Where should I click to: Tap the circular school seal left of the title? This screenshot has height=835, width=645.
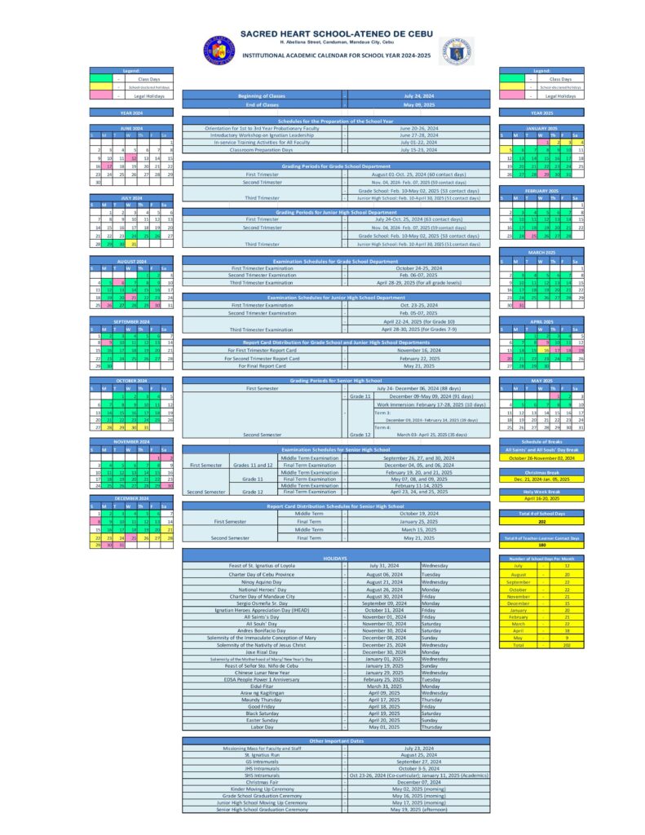click(x=218, y=51)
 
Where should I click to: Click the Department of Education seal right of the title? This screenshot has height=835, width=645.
click(x=455, y=51)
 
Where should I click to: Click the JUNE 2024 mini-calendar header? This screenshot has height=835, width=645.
click(x=131, y=128)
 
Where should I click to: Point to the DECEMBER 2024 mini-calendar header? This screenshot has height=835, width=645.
click(x=131, y=498)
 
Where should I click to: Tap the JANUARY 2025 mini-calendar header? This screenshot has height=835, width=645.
click(x=541, y=128)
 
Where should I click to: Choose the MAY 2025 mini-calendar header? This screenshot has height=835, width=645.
click(x=541, y=381)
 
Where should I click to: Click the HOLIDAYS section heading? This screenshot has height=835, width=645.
click(x=336, y=558)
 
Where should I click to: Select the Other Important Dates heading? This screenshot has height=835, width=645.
click(x=336, y=740)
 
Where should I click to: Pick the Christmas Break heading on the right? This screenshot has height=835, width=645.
click(x=541, y=472)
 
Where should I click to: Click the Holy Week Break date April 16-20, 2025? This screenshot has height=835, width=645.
click(x=541, y=497)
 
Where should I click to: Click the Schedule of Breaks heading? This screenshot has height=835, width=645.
click(x=541, y=441)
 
